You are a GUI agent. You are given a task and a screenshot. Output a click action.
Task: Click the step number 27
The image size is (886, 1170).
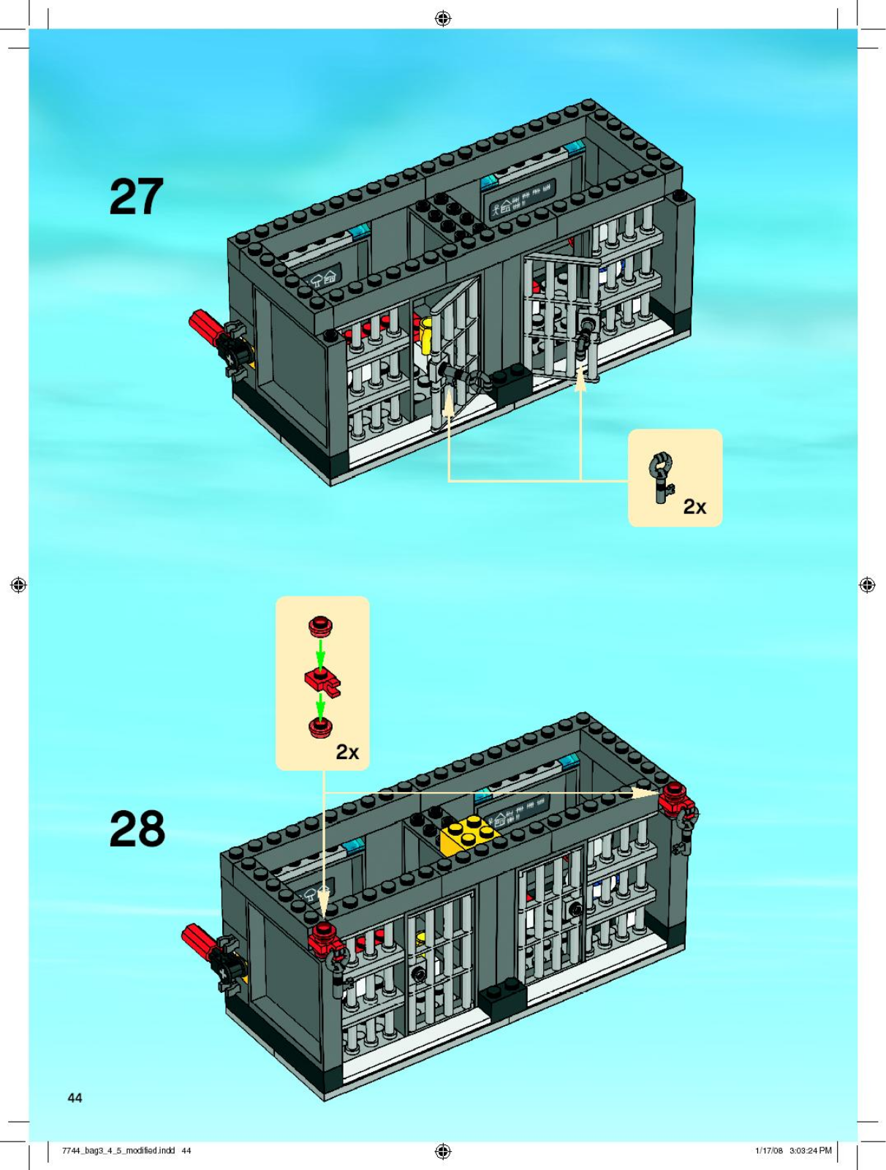pos(137,197)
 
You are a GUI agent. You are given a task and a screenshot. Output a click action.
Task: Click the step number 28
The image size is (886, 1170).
pos(137,829)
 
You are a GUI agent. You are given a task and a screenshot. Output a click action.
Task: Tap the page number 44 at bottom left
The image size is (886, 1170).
pos(75,1097)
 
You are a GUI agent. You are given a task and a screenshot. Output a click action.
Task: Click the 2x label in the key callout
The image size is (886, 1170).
pos(694,507)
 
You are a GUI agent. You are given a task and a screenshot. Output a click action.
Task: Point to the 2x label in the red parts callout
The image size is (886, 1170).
pos(347,752)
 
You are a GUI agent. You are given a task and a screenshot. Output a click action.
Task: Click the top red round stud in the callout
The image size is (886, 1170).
pos(320,627)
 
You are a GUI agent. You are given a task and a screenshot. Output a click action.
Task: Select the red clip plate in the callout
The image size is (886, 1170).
pos(322,682)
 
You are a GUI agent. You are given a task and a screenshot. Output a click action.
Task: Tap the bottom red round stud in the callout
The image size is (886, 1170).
pos(320,727)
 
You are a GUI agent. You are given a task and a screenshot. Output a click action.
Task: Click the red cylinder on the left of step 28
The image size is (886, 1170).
pos(199,940)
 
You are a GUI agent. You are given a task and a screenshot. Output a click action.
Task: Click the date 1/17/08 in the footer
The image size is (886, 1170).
pos(768,1150)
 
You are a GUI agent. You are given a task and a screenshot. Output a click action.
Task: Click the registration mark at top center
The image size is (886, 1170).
pos(442,19)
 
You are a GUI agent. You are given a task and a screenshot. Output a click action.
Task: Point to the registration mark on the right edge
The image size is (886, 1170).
pos(867,585)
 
